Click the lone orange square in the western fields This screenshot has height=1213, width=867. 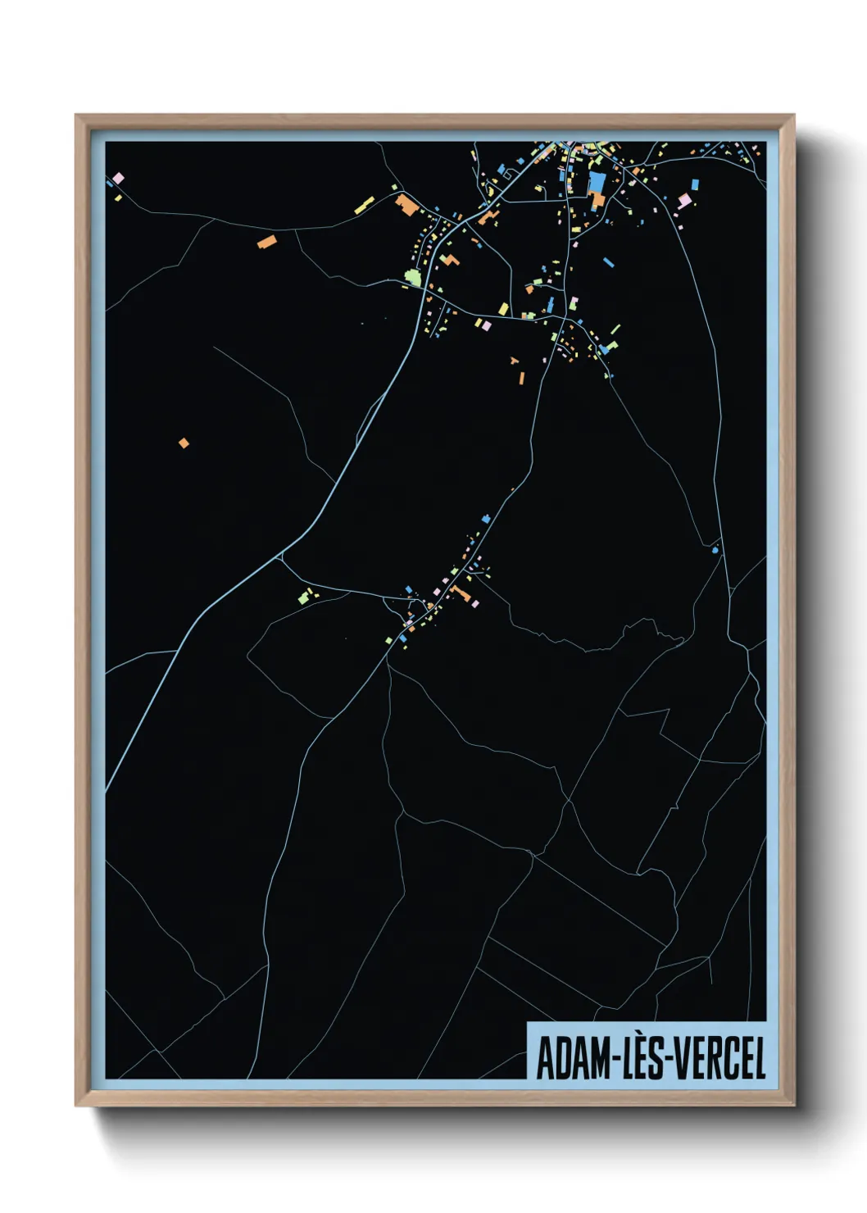(x=184, y=443)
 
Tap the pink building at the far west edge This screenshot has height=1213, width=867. (x=118, y=178)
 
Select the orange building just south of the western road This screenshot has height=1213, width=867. (x=266, y=242)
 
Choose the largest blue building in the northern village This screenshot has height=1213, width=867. (x=597, y=183)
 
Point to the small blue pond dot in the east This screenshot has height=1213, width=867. (x=715, y=550)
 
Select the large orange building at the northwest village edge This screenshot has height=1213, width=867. (x=406, y=204)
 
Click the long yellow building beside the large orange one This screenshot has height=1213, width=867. (x=364, y=205)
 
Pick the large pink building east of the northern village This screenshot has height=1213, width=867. (x=684, y=201)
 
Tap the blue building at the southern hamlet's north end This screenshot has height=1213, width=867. (x=486, y=519)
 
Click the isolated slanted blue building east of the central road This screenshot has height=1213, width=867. (x=608, y=262)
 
